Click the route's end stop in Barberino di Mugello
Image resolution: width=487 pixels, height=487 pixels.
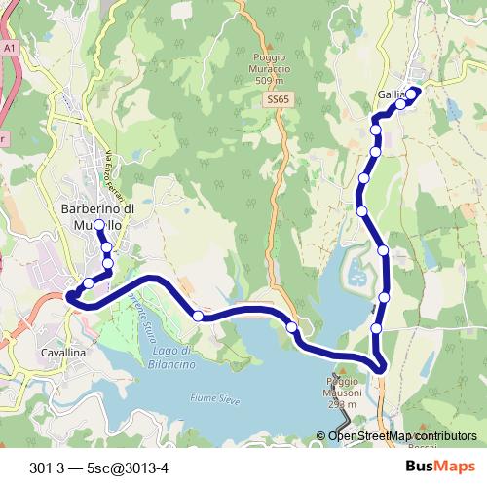point(99,225)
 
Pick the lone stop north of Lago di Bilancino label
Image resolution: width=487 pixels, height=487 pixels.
point(198,315)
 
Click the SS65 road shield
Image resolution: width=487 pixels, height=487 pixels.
point(278,99)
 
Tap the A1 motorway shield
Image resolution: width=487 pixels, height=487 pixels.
point(10,47)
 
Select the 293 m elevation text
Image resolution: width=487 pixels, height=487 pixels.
point(338,403)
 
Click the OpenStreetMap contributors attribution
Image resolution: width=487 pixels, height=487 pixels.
point(402,436)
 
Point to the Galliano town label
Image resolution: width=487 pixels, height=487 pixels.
point(391,94)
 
